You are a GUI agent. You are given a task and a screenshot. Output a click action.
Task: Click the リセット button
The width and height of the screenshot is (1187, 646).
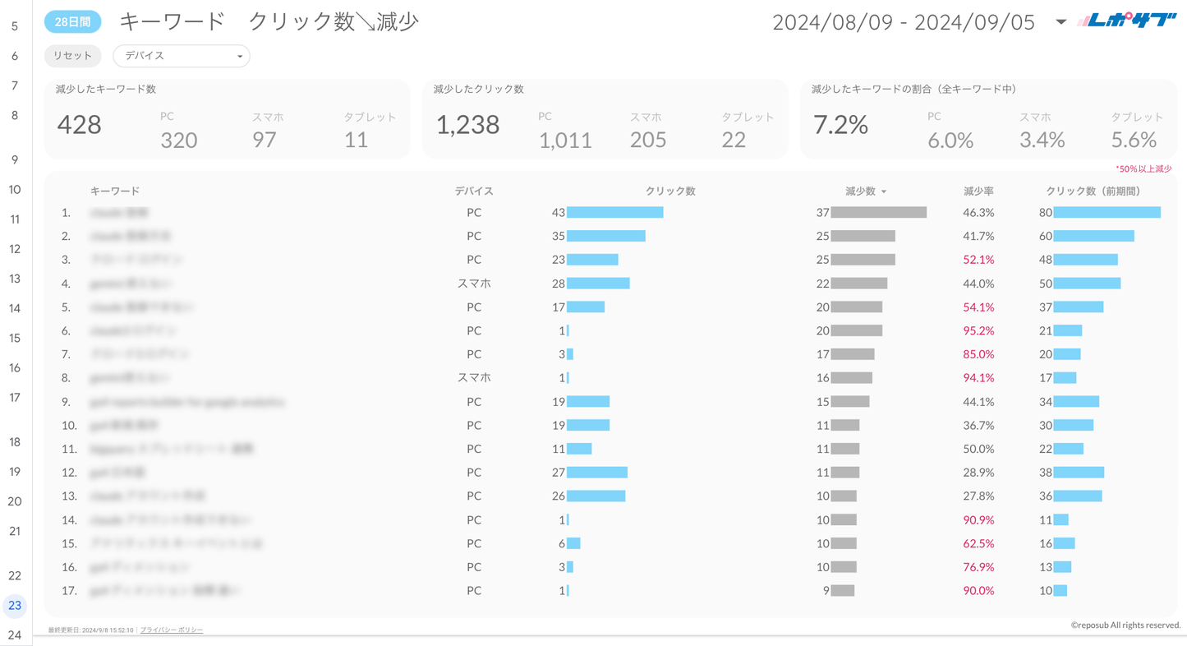coord(72,56)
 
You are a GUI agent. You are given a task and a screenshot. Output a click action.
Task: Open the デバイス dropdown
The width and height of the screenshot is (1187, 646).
coord(181,56)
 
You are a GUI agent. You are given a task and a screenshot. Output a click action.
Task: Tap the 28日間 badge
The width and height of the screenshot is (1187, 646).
coord(72,22)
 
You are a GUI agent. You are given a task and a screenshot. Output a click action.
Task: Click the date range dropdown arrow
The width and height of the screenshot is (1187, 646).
coord(1060,22)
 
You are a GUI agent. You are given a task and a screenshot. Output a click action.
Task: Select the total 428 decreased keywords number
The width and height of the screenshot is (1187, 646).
coord(80,125)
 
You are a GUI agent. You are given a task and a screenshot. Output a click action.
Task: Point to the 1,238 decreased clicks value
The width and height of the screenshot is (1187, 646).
coord(467,125)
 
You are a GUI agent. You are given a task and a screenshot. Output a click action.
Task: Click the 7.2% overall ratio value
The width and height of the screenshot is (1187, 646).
coord(840,125)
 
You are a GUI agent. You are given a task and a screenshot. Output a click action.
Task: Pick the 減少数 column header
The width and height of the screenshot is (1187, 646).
coord(861,191)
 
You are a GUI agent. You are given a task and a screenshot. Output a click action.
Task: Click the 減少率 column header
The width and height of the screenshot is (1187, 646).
coord(978,191)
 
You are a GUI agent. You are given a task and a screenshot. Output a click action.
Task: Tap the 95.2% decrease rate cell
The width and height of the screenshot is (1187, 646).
coord(978,330)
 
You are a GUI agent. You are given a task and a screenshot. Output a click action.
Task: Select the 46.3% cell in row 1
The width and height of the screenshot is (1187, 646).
coord(978,212)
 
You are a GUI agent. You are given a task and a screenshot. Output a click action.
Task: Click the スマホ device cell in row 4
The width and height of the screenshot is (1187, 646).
coord(474,284)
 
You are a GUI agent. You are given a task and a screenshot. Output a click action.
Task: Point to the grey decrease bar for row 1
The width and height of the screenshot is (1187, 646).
coord(878,212)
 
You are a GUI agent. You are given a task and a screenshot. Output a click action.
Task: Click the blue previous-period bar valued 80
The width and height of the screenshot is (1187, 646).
coord(1106,212)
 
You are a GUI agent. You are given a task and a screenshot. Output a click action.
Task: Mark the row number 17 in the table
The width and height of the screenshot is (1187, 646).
coord(69,590)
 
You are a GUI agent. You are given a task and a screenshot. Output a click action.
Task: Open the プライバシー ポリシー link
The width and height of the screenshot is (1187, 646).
coord(172,630)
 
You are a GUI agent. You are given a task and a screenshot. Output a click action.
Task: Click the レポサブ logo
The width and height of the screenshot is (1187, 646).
coord(1126,21)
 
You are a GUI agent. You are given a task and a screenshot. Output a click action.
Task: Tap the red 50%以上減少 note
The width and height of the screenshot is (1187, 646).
coord(1143,168)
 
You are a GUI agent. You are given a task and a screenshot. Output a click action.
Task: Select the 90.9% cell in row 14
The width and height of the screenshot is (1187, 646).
coord(978,519)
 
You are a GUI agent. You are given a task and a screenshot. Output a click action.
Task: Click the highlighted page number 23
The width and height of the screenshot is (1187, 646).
coord(15,606)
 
